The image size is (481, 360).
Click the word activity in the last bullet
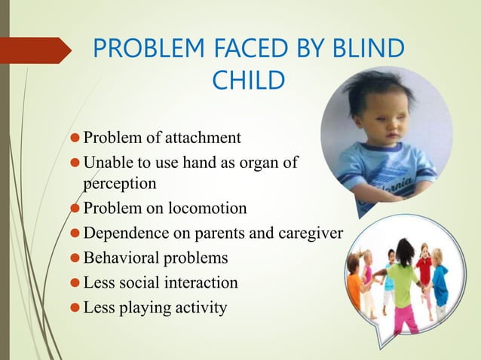[199, 307]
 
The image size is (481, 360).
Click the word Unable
[106, 163]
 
